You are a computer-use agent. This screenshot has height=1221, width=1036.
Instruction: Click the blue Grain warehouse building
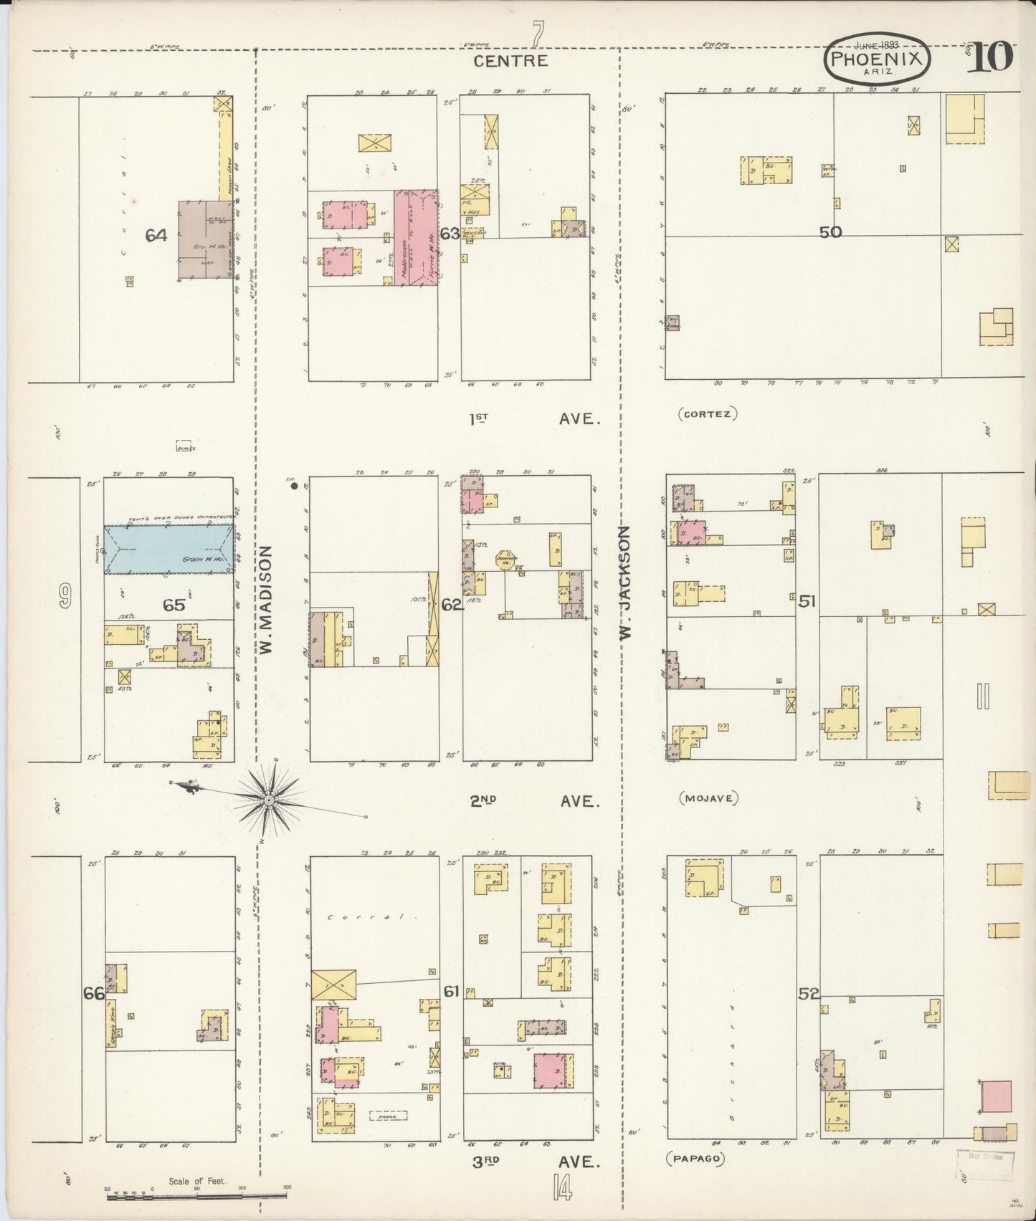(x=169, y=549)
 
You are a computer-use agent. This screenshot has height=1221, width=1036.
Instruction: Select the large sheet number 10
(x=992, y=57)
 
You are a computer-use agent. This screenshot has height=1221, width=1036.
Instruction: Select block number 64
(x=157, y=234)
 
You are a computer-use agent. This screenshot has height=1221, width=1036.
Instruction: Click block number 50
(x=831, y=231)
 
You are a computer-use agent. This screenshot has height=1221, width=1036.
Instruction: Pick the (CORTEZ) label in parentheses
(x=707, y=413)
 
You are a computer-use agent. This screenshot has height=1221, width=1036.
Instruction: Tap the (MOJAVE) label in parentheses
(x=708, y=798)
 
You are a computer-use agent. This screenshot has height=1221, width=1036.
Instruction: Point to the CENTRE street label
(x=511, y=61)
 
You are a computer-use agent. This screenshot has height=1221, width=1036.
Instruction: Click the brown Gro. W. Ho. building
(x=201, y=239)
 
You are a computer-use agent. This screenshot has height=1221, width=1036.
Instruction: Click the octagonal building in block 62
(x=506, y=560)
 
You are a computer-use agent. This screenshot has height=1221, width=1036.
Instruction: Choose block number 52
(x=809, y=994)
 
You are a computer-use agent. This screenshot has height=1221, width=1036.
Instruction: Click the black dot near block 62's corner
(x=294, y=486)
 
